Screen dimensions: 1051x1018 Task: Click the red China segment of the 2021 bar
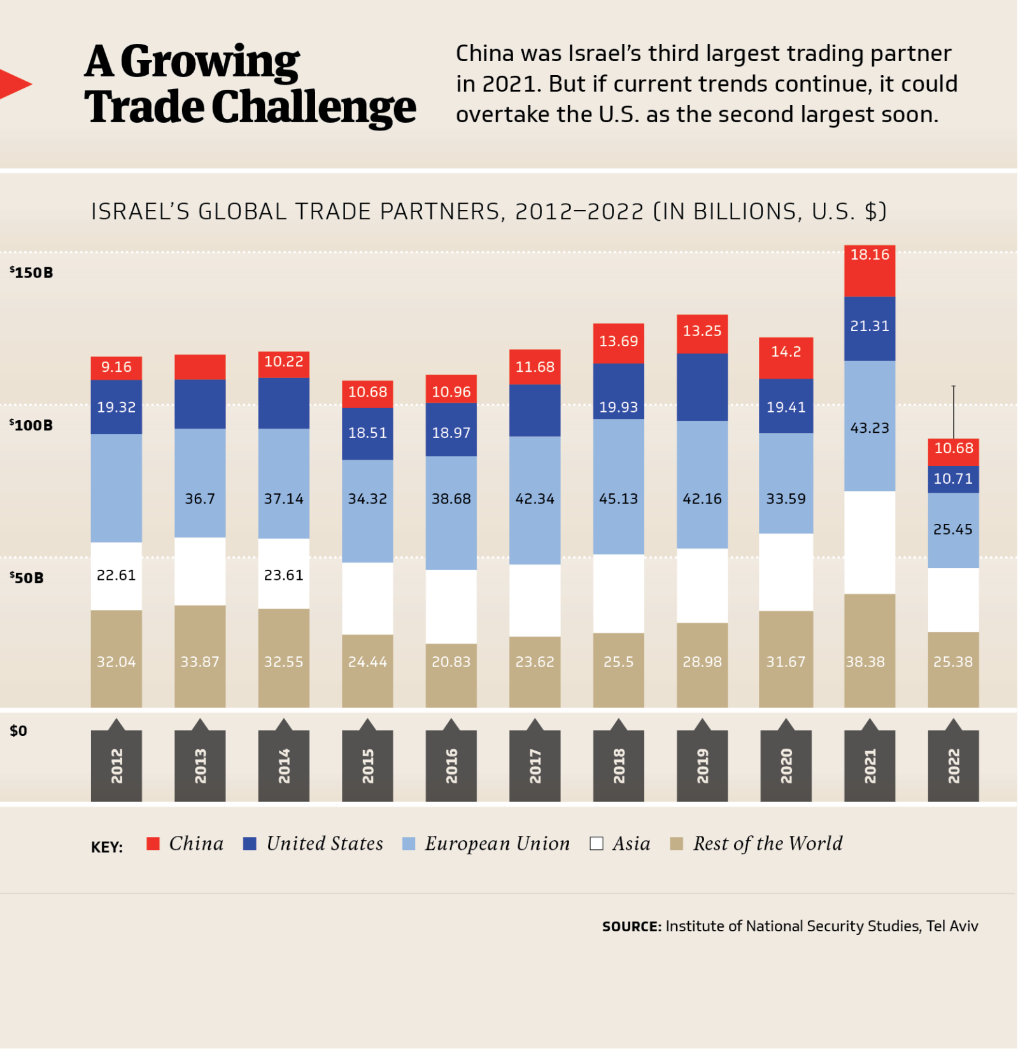869,271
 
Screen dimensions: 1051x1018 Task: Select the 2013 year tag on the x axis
200,765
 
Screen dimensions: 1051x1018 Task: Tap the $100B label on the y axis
31,425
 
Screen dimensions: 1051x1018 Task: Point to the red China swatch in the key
153,843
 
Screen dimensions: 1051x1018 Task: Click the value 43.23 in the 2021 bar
869,428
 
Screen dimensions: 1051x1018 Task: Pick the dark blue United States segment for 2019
702,386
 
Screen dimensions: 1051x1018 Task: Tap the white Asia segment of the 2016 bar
451,606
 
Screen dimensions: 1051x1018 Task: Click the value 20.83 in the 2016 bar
451,662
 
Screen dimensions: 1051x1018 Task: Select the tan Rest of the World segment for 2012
116,659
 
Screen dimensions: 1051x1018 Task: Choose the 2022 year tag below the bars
953,765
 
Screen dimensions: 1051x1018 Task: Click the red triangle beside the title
14,84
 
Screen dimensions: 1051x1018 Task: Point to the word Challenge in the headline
313,107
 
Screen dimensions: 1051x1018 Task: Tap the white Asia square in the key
596,843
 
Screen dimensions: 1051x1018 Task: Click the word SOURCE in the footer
631,926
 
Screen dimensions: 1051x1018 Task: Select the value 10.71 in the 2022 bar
952,479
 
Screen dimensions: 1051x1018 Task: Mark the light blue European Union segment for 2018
618,486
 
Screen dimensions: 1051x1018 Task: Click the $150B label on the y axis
31,272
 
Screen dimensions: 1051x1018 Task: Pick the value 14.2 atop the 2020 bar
786,351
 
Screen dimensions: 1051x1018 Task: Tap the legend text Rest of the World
767,843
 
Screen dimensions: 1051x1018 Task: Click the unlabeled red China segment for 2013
200,367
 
